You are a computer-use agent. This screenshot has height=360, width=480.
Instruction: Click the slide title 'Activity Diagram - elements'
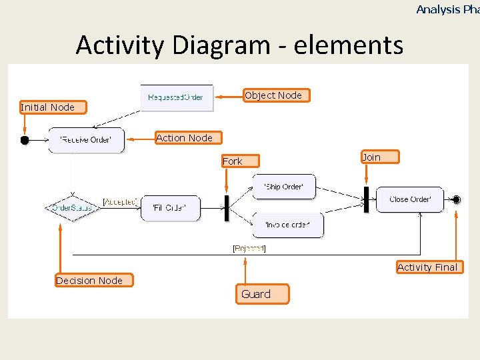coord(239,45)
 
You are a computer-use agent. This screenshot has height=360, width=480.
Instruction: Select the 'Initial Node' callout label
coord(47,107)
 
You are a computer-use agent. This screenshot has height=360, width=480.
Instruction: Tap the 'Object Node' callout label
coord(274,95)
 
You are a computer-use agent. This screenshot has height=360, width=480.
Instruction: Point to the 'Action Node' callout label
coord(185,138)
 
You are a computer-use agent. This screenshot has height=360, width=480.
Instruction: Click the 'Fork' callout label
coord(233,161)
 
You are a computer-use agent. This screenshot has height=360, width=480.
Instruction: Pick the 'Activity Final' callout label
coord(427,267)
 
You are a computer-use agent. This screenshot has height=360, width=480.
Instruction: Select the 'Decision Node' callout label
coord(90,281)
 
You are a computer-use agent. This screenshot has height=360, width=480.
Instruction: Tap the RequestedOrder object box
coord(176,97)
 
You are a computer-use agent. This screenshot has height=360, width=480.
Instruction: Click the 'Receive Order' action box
coord(86,140)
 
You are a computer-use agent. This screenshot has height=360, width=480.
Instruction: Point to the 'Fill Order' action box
coord(170,208)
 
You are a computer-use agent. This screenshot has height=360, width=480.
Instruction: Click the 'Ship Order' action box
coord(283,187)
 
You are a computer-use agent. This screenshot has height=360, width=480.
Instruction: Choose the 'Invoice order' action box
coord(287,225)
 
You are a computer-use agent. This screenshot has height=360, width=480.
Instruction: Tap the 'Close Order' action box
coord(409,199)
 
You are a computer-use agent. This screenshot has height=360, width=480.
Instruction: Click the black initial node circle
coord(25,140)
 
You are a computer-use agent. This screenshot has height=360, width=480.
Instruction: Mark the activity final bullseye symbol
coord(457,199)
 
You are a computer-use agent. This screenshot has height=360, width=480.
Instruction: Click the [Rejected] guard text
coord(249,249)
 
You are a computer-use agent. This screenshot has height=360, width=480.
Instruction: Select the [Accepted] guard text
coord(120,201)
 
